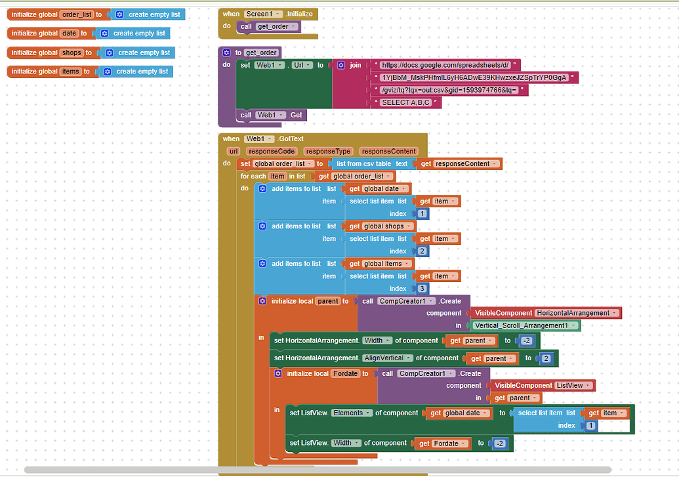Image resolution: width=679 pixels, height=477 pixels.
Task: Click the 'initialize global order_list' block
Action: pyautogui.click(x=33, y=14)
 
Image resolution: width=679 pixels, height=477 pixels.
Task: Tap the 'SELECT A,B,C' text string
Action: pyautogui.click(x=405, y=102)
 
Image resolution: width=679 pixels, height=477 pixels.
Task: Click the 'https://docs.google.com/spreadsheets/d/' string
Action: pyautogui.click(x=445, y=65)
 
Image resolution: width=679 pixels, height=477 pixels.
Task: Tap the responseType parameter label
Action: pyautogui.click(x=327, y=151)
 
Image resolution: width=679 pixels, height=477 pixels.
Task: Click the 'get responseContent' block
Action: pyautogui.click(x=459, y=163)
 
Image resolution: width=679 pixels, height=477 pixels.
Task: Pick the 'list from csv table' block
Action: pyautogui.click(x=364, y=163)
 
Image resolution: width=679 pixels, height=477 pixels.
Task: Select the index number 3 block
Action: pyautogui.click(x=421, y=289)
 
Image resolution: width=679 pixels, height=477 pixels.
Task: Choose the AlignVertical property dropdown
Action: pyautogui.click(x=387, y=358)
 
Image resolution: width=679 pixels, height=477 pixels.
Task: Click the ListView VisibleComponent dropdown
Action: pyautogui.click(x=575, y=386)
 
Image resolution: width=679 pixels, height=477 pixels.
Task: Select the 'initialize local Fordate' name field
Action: pyautogui.click(x=345, y=373)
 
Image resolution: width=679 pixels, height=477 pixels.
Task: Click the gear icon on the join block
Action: pyautogui.click(x=341, y=66)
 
